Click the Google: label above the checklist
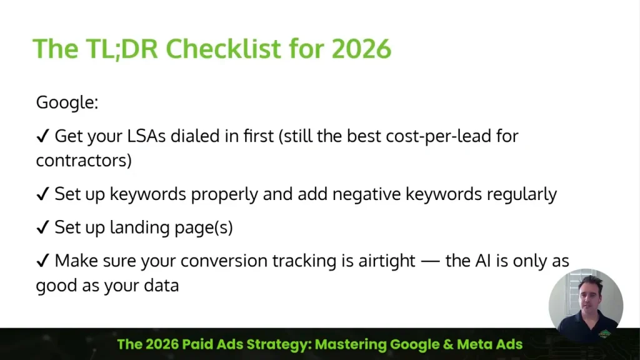(x=67, y=102)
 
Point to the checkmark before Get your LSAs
(x=42, y=136)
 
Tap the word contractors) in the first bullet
(x=84, y=160)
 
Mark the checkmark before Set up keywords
(x=42, y=194)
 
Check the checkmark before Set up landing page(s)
(x=42, y=227)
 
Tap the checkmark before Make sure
(x=42, y=261)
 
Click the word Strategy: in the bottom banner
(x=274, y=344)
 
